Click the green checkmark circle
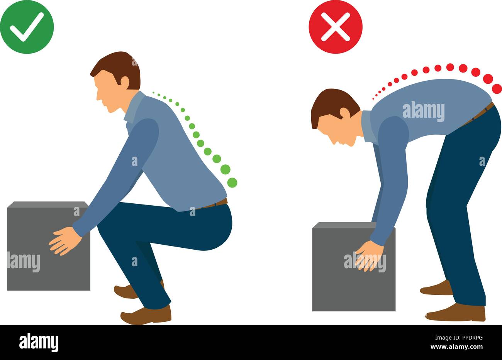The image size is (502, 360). (x=27, y=27)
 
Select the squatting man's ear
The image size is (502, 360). (x=125, y=81)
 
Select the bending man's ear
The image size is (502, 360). (x=344, y=112)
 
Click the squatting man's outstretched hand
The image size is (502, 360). (x=64, y=241)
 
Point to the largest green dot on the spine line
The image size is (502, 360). (x=232, y=182)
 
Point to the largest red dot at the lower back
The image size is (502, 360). (x=497, y=88)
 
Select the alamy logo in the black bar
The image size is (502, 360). (x=39, y=342)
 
